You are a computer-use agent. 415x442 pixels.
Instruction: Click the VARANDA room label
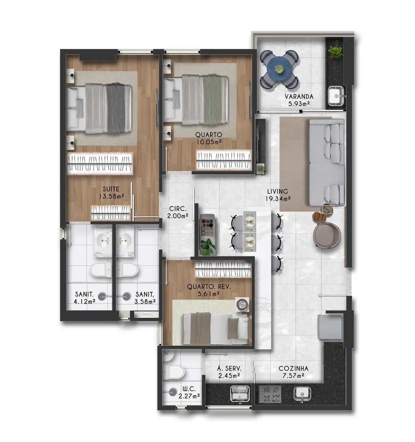[299, 97]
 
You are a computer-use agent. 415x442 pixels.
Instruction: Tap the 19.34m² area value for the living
[278, 198]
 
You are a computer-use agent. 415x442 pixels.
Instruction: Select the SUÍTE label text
[111, 189]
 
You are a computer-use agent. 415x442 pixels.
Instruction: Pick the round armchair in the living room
[327, 235]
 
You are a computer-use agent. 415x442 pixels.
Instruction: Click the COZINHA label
[293, 369]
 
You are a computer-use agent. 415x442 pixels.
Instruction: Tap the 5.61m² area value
[209, 294]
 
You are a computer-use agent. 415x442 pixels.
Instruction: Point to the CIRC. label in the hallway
[178, 209]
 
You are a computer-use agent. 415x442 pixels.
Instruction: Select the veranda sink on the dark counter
[336, 96]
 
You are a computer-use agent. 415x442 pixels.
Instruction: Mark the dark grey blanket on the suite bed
[115, 108]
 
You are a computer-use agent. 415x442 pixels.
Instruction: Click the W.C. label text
[189, 389]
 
